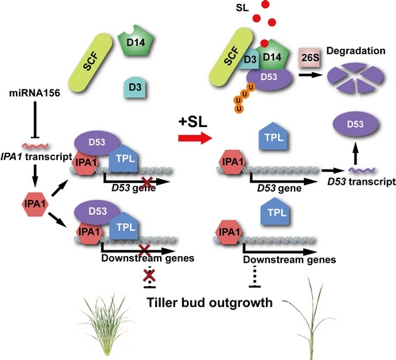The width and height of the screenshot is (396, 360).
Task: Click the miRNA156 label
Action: point(35,93)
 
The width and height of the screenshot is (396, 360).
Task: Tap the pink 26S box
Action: point(310,57)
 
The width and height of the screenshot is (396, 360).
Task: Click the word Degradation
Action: point(356,51)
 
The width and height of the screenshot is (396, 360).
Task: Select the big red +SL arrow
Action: point(195,138)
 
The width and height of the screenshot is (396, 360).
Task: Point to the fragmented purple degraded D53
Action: point(355,77)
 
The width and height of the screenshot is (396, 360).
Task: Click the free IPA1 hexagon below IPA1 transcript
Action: point(35,204)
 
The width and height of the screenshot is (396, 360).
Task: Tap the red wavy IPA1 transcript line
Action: point(36,145)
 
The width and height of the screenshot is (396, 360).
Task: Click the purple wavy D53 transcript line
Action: point(362,170)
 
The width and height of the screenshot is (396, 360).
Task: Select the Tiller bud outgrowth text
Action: point(210,302)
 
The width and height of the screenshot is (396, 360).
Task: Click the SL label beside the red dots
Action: point(242,8)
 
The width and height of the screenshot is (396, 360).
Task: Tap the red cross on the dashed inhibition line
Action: point(149,275)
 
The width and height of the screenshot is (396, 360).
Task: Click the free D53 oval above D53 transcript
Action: point(356,124)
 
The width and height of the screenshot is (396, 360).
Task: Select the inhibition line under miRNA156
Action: point(35,120)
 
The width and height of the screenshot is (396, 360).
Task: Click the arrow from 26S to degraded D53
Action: point(310,75)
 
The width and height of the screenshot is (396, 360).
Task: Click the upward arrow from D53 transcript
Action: point(356,153)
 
